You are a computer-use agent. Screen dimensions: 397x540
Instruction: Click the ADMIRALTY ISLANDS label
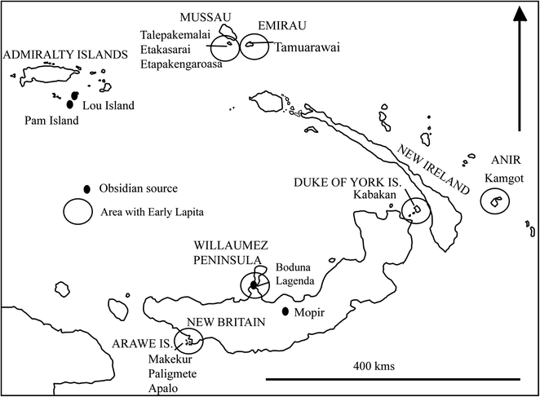coord(65,55)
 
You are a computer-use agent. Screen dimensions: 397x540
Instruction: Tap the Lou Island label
coord(109,105)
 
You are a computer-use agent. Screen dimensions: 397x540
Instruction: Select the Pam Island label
coord(52,121)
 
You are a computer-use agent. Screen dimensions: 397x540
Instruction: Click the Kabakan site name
coord(375,196)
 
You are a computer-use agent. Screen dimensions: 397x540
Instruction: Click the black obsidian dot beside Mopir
coord(285,311)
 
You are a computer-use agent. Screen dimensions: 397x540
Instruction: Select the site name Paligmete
coord(175,368)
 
